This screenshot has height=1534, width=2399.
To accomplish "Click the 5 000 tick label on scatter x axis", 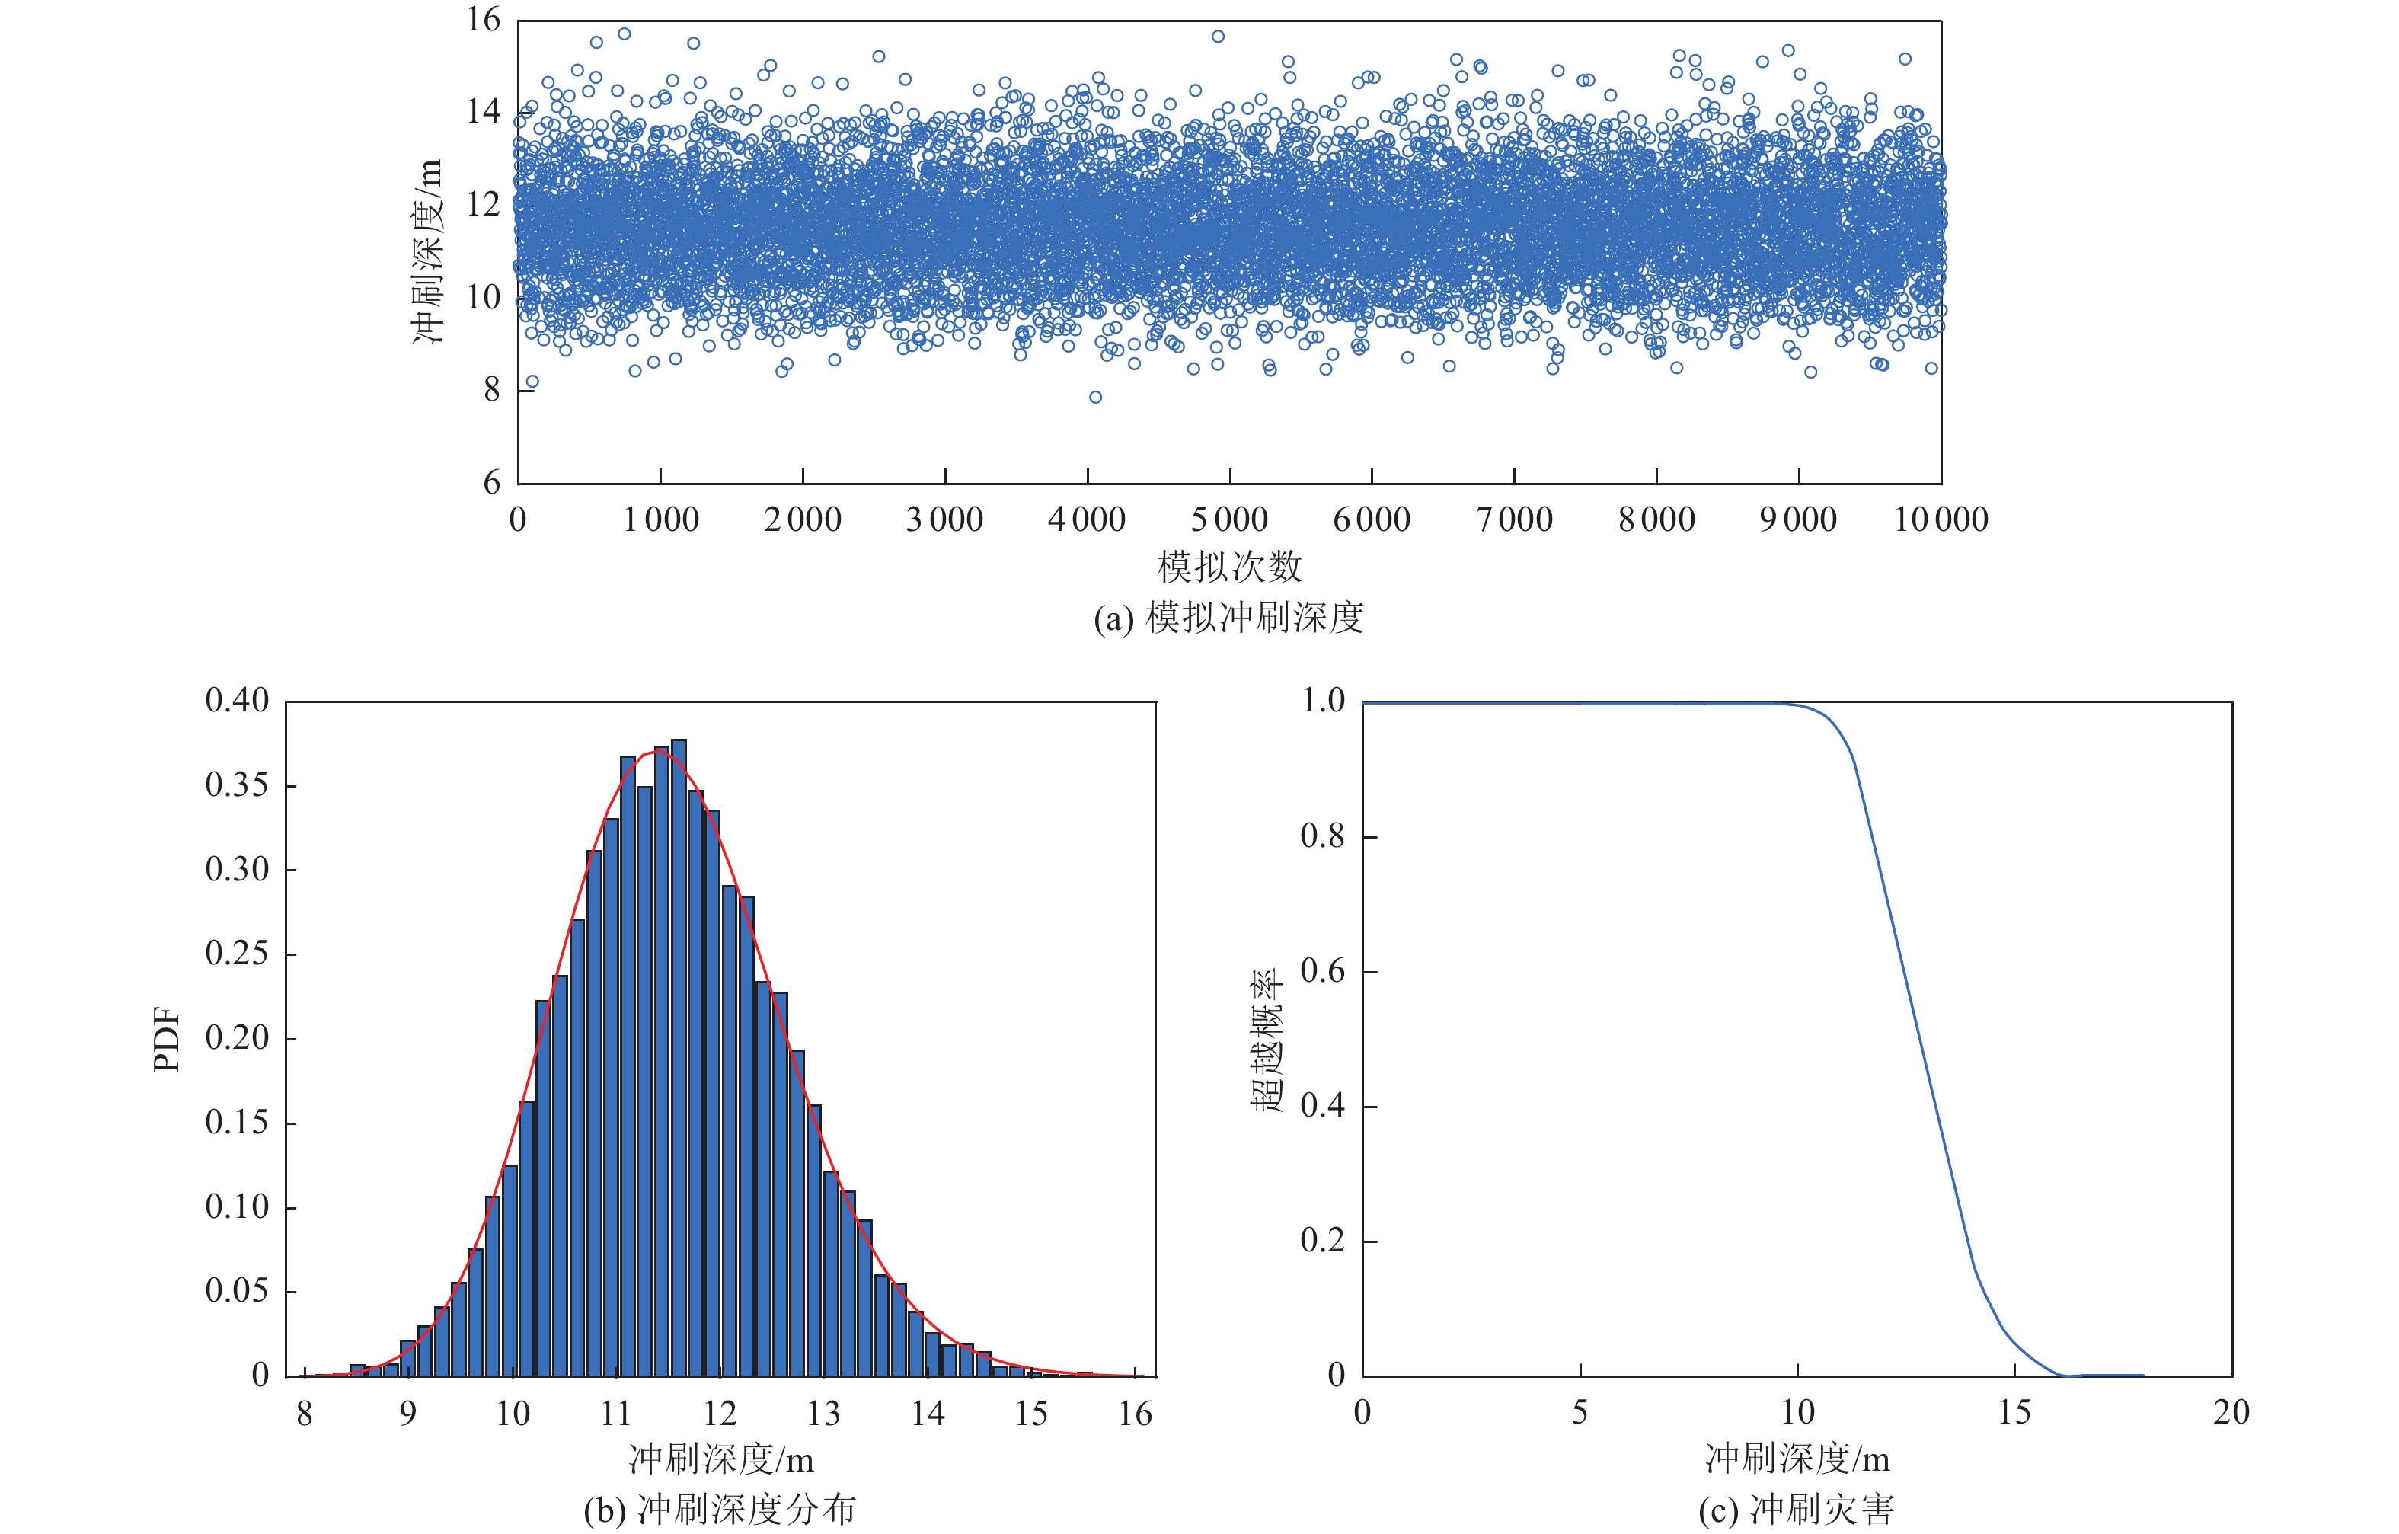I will click(x=1229, y=519).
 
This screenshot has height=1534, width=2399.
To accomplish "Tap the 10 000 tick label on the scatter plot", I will click(x=1941, y=519).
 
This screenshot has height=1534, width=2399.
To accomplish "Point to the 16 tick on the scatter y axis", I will click(x=484, y=20).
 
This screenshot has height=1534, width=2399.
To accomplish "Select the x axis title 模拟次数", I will click(x=1229, y=567).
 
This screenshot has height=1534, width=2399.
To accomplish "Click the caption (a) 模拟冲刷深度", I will click(x=1228, y=618).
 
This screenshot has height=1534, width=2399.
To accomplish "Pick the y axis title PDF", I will click(x=168, y=1040).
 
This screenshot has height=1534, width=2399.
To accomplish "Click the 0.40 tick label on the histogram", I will click(x=237, y=700).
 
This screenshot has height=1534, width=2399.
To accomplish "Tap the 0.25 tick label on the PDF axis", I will click(x=237, y=954).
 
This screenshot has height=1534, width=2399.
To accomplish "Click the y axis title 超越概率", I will click(x=1267, y=1040).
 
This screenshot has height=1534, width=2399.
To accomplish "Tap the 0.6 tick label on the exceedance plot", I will click(x=1322, y=971).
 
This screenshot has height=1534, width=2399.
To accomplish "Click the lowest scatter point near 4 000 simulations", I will click(x=1096, y=398).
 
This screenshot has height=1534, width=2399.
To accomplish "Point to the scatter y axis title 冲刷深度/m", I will click(x=427, y=251).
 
